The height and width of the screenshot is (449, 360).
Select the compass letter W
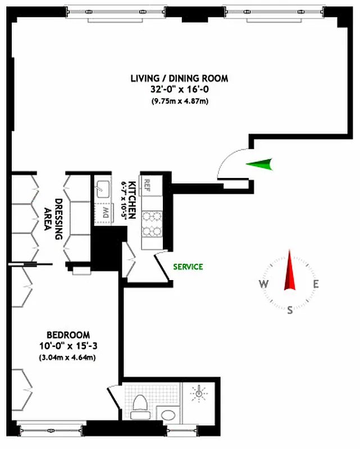(x=263, y=284)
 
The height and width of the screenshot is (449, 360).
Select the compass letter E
(x=316, y=284)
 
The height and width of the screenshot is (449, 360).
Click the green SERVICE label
(x=188, y=267)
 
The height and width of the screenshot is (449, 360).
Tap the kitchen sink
(x=103, y=187)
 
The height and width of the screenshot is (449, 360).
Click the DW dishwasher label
(x=104, y=212)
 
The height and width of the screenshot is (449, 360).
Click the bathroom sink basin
(x=167, y=415)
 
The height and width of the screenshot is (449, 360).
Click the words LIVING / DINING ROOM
(x=179, y=79)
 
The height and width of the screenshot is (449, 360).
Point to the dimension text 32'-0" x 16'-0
(x=179, y=89)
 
